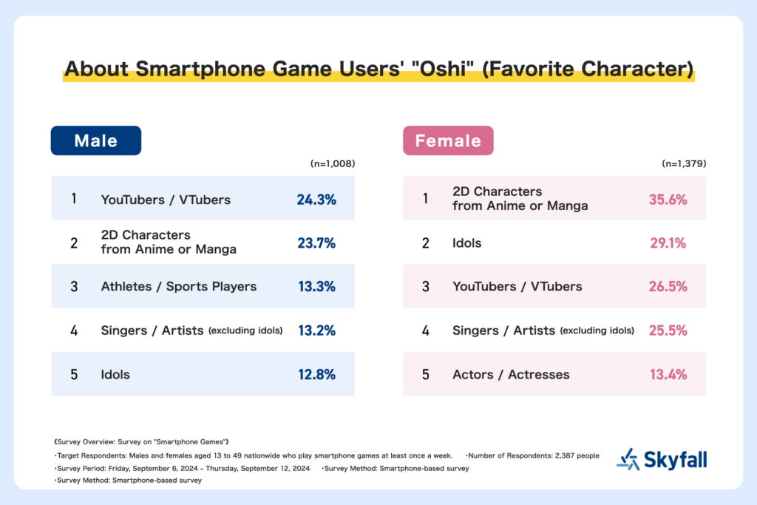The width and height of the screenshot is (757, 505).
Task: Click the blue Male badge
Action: point(96,140)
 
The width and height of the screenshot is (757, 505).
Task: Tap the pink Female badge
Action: point(448,140)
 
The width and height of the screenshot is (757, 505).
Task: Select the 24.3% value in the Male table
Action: point(316,200)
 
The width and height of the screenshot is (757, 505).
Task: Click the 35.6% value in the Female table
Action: point(668,200)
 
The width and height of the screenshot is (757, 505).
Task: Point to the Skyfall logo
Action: point(662,459)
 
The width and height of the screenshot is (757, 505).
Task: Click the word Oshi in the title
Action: point(444,69)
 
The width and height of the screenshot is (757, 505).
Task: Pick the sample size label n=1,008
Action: point(333,163)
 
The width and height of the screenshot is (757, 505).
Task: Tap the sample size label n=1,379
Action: point(684,163)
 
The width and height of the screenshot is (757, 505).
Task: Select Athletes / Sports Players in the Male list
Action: point(179,286)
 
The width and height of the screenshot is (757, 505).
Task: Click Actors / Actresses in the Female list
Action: point(511,374)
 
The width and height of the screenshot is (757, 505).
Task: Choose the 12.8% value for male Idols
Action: point(316,374)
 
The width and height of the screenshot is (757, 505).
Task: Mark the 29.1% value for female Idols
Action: point(668,243)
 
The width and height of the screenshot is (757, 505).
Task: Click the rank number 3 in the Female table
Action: point(425,287)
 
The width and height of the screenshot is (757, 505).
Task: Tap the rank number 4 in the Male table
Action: point(74,331)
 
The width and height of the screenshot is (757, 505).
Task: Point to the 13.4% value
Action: point(668,374)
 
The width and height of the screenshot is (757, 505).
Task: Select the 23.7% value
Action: point(316,243)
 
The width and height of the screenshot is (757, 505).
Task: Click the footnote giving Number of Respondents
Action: point(532,455)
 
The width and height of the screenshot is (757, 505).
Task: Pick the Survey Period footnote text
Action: point(182,468)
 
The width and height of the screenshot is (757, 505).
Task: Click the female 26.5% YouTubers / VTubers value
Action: point(668,286)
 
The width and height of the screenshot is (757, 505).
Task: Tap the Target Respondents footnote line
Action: point(254,455)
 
